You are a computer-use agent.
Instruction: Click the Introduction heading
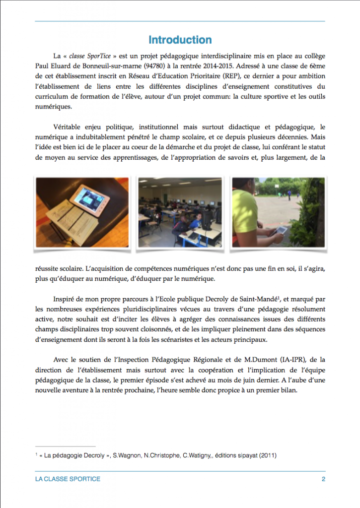point(180,40)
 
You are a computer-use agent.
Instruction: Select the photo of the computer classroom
point(180,212)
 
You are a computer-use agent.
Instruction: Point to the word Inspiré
point(66,299)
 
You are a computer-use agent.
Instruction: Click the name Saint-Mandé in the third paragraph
point(262,299)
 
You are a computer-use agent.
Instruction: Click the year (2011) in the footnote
point(267,455)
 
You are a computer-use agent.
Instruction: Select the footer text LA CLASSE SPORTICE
point(65,479)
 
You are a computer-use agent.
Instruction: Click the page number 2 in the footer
point(323,479)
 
